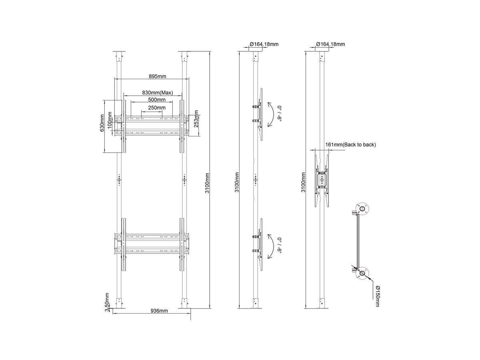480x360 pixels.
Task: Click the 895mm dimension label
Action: click(x=158, y=76)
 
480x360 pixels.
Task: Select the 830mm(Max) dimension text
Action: click(x=158, y=93)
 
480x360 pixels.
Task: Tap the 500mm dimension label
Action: click(x=157, y=100)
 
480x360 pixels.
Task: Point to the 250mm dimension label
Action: click(x=157, y=108)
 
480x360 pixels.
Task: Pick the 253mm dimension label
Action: click(x=196, y=119)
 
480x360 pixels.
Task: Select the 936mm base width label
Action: click(x=159, y=311)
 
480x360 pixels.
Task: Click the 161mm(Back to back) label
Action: click(x=350, y=144)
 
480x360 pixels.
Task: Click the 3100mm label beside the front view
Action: click(x=207, y=183)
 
